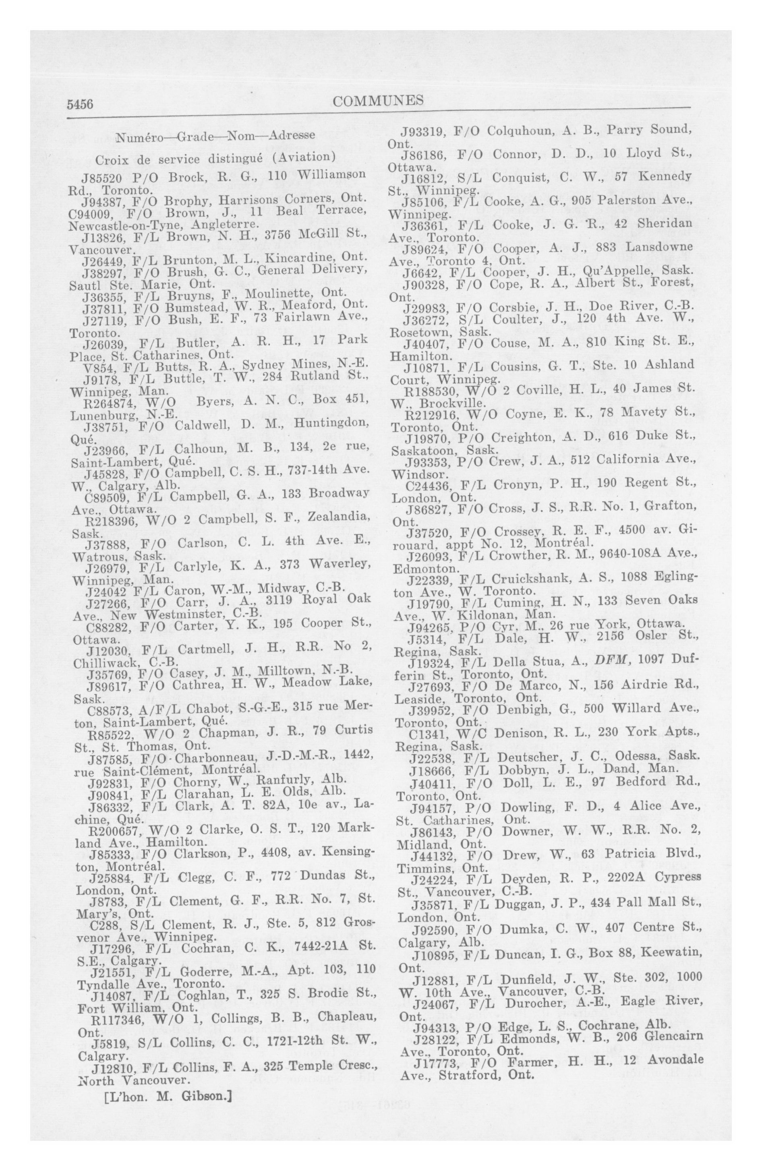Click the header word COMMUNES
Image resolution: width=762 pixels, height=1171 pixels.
(x=378, y=101)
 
